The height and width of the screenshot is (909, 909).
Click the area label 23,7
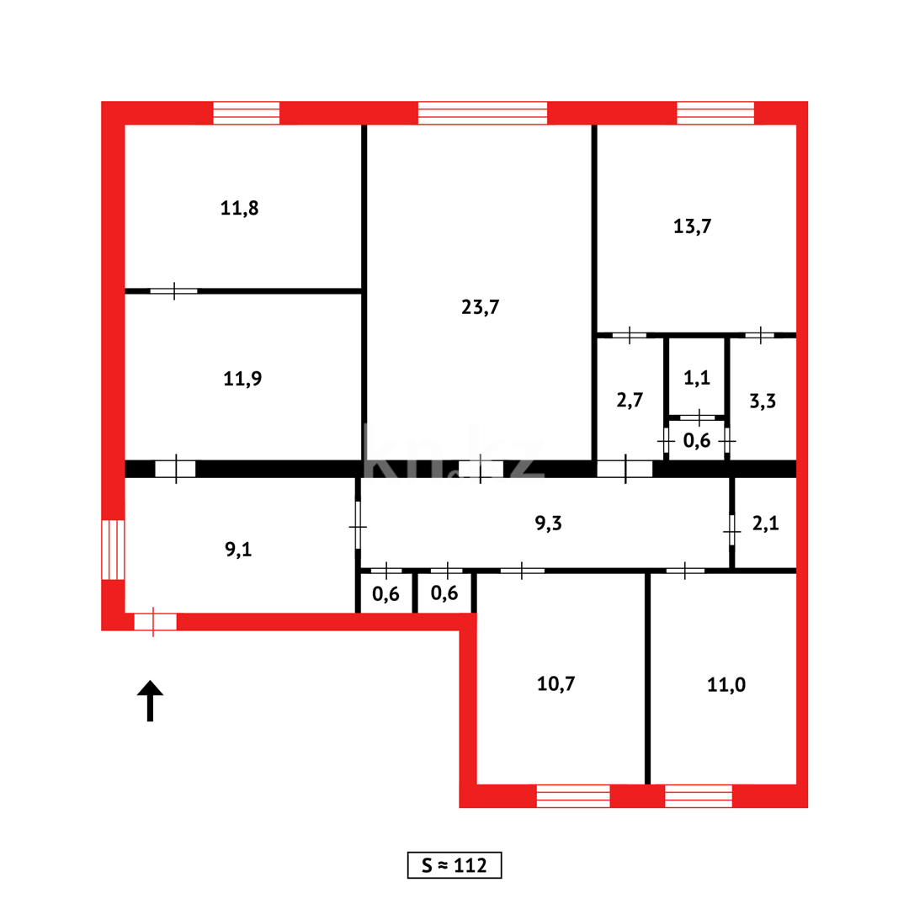[481, 307]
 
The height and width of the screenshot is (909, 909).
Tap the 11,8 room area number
[240, 209]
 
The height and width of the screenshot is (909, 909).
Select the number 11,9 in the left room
[242, 379]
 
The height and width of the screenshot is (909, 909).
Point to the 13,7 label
[694, 226]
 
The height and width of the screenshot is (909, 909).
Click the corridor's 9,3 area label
[549, 524]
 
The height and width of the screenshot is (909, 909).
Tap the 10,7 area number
[555, 683]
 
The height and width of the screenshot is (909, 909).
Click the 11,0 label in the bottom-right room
[726, 684]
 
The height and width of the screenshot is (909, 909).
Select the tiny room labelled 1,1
[697, 378]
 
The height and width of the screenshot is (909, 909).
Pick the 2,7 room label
[630, 400]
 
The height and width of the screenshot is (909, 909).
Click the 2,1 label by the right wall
[765, 524]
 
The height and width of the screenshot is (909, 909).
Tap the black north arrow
[150, 700]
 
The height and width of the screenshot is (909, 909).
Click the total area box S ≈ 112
[454, 865]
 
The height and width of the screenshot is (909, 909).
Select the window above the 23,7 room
[482, 113]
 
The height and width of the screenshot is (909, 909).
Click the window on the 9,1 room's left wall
[113, 550]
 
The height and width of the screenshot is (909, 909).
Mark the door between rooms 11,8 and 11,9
[174, 291]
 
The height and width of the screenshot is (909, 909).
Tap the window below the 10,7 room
[573, 795]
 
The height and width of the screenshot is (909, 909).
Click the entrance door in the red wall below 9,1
[155, 622]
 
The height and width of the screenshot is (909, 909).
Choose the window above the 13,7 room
[715, 113]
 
